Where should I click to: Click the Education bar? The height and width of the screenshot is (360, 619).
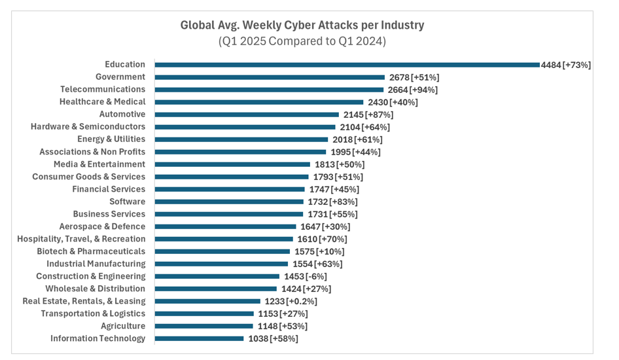[347, 65]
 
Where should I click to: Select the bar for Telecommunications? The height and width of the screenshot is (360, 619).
[269, 90]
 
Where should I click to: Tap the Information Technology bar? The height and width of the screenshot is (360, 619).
[199, 338]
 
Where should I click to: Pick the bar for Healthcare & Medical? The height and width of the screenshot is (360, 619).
[258, 102]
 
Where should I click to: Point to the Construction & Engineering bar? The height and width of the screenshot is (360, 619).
[215, 276]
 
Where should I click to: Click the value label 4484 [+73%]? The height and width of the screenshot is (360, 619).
[566, 65]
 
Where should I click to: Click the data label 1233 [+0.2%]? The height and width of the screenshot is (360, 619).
[291, 301]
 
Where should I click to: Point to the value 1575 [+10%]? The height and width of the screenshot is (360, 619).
[318, 251]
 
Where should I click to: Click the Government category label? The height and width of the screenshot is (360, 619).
[120, 77]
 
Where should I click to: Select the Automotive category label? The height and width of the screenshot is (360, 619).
[122, 114]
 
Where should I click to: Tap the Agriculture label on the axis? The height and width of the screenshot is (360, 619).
[123, 326]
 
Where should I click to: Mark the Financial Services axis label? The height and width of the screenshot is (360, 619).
[109, 189]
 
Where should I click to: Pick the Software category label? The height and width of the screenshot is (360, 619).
[127, 202]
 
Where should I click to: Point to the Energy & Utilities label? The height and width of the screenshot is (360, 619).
[111, 139]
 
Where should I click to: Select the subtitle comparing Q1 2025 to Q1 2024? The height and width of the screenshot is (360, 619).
[302, 41]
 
